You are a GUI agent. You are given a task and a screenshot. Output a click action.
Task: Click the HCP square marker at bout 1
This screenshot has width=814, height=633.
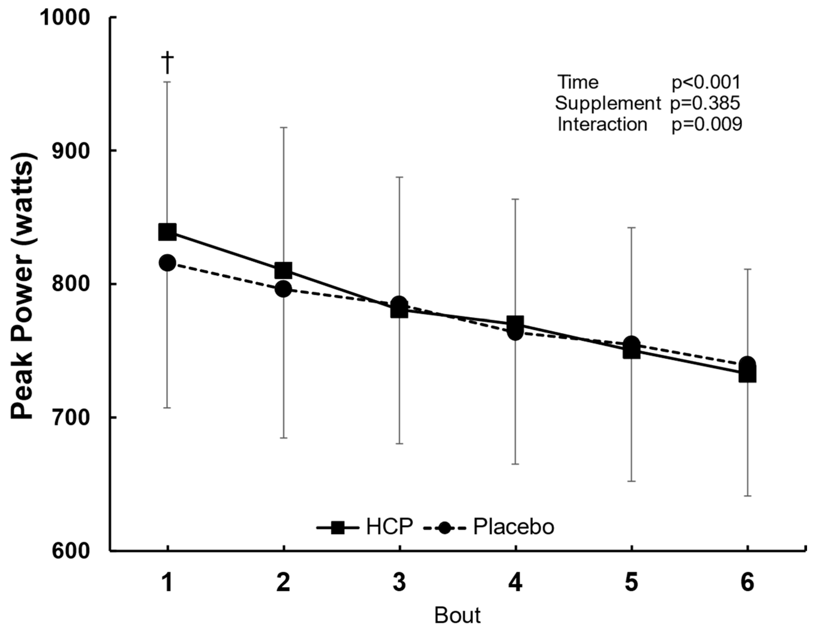click(x=167, y=232)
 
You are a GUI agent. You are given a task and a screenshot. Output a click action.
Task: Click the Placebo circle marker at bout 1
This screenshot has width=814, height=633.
click(x=167, y=263)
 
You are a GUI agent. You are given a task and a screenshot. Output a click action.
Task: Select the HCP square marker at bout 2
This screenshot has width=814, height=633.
click(x=283, y=271)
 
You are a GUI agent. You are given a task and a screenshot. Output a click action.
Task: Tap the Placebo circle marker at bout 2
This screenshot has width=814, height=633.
click(x=283, y=289)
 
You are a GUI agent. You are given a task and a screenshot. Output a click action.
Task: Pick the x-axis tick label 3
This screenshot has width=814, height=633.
click(x=399, y=583)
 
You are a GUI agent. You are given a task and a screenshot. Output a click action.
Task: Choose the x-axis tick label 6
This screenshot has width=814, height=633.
click(x=747, y=583)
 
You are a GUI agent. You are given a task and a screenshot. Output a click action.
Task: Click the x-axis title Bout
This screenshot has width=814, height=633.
click(x=457, y=616)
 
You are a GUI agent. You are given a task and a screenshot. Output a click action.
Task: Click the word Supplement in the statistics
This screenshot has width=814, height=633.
click(x=607, y=103)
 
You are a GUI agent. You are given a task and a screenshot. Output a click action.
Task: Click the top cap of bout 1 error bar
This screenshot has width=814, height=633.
click(x=167, y=82)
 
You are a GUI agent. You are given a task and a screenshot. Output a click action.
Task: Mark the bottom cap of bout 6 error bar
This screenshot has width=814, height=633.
click(x=747, y=496)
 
